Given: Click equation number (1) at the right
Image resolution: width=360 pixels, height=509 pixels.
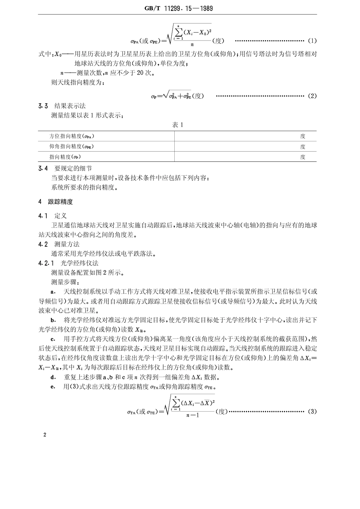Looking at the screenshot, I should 312,40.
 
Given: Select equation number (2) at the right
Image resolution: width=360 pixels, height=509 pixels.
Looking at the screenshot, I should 312,96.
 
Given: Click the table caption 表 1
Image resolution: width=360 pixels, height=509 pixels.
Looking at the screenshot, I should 178,125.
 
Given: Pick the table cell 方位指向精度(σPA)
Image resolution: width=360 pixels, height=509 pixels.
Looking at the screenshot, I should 72,136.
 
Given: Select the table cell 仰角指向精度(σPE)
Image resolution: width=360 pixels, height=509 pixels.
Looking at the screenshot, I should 72,147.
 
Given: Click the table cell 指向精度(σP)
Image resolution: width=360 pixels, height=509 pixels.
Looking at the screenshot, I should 66,157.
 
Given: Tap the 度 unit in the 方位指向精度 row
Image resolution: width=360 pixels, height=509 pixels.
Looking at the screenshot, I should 303,136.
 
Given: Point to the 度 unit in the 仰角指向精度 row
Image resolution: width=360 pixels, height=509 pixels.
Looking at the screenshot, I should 303,147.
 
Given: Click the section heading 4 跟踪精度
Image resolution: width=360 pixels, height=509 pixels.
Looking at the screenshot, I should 56,202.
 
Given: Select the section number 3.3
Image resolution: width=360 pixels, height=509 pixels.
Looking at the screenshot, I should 43,106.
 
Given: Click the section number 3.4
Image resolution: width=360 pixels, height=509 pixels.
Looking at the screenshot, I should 43,168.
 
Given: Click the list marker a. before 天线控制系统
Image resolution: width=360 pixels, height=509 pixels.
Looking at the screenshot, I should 53,292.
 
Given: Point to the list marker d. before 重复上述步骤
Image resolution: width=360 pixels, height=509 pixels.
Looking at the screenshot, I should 53,377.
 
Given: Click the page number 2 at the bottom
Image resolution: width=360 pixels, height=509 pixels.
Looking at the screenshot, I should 45,435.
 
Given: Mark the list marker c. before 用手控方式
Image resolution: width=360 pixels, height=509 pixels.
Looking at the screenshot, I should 53,339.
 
